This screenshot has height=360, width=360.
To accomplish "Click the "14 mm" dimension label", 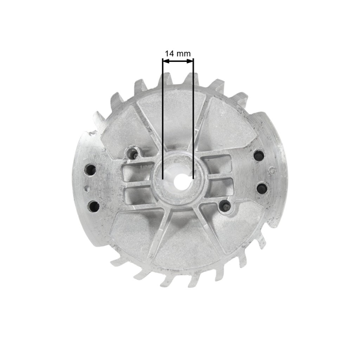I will [178, 53].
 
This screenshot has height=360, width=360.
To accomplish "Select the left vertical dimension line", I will [163, 120].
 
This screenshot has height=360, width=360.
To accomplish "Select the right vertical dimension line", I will [193, 120].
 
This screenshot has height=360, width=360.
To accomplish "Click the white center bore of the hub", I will [178, 178].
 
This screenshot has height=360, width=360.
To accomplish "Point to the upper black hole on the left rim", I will [91, 169].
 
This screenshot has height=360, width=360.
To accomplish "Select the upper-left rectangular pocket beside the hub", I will [137, 174].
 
